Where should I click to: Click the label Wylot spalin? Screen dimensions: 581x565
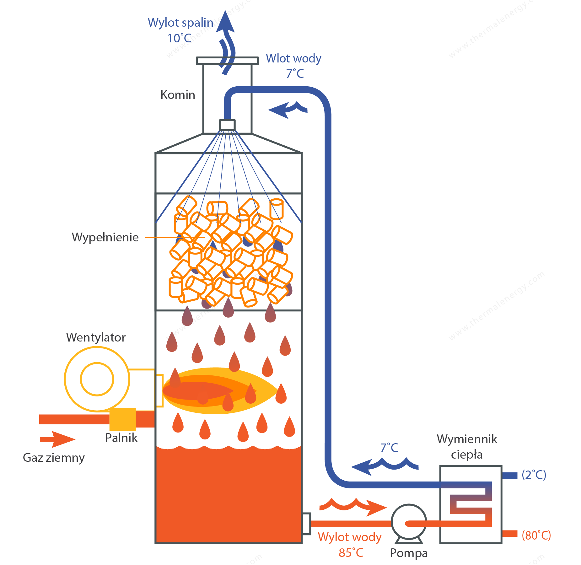[180, 23]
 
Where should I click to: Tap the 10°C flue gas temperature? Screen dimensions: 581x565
[179, 38]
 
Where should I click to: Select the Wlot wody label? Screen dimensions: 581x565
[293, 59]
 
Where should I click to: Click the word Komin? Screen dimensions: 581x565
[178, 95]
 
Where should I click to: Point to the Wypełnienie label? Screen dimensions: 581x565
[105, 238]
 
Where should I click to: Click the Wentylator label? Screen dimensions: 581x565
[96, 337]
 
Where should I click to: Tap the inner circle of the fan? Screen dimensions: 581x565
[97, 379]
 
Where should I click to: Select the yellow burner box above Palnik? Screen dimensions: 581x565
[123, 419]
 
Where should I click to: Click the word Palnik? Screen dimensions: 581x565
[121, 438]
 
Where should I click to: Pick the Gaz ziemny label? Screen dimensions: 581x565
[54, 458]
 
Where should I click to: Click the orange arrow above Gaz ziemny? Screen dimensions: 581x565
[57, 439]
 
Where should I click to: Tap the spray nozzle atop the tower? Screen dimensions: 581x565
[227, 125]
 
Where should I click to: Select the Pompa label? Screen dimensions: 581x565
[409, 553]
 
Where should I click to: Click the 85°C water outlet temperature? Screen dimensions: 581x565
[351, 553]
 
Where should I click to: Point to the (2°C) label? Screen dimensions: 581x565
[534, 475]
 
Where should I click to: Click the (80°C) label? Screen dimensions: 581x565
[536, 535]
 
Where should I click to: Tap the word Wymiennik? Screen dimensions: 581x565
[467, 439]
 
